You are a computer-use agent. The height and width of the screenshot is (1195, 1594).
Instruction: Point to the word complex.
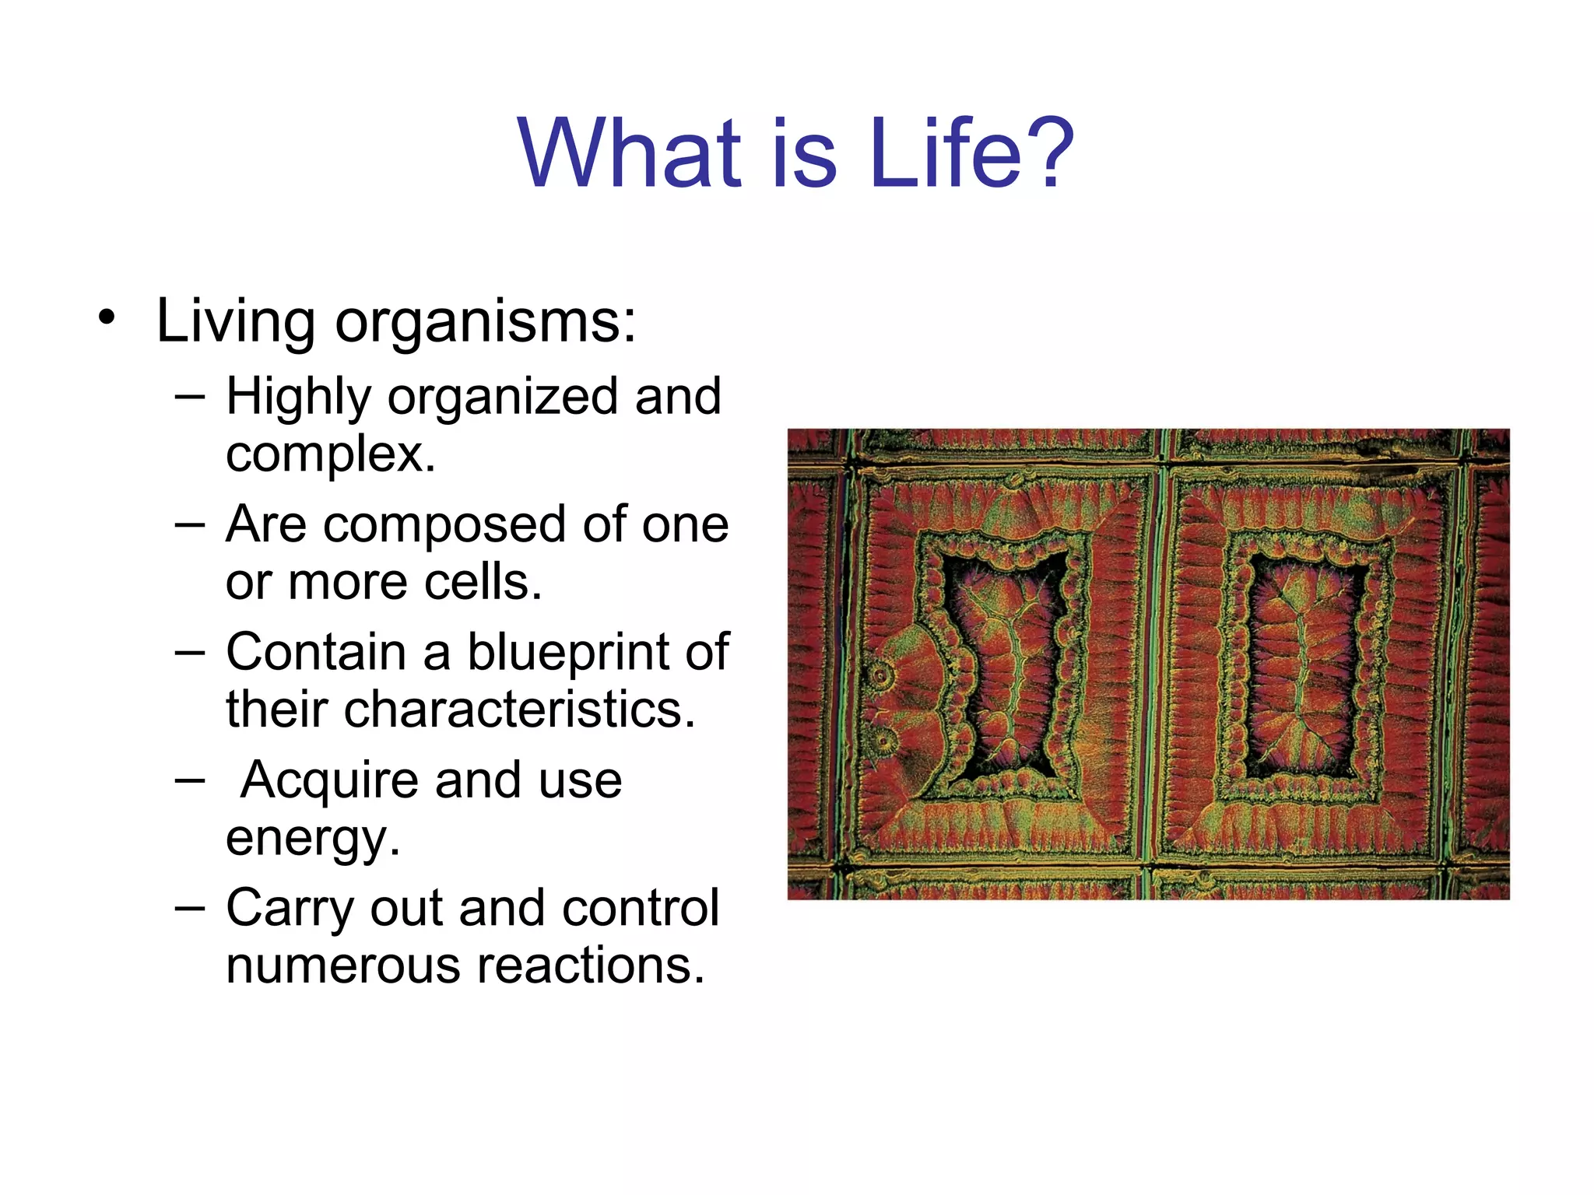(x=330, y=454)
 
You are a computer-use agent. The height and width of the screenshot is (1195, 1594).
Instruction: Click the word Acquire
(x=329, y=780)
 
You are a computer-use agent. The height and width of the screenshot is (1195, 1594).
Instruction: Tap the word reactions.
(x=591, y=965)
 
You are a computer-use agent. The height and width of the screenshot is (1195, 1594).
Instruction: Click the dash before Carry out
(x=190, y=907)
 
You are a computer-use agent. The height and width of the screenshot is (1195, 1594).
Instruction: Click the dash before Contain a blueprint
(x=190, y=652)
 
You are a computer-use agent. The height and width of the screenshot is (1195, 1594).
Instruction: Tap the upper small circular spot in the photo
(x=882, y=675)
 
